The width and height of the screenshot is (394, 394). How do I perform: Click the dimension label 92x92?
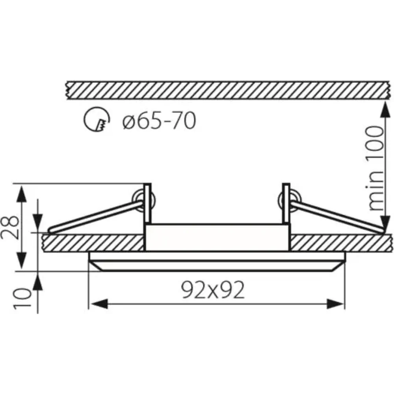coord(213,290)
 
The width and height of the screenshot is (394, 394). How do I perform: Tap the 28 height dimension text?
coord(11,227)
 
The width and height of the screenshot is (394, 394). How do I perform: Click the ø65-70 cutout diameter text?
coord(159,121)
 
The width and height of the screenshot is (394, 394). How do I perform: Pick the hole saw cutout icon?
coord(97,120)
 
